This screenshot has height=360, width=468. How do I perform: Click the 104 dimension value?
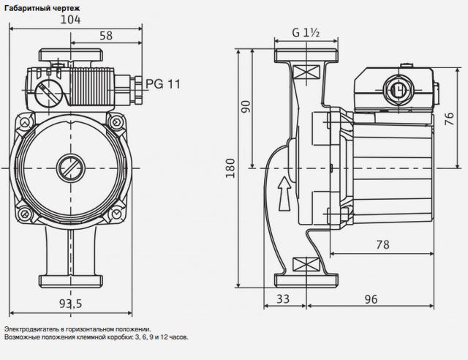(70, 20)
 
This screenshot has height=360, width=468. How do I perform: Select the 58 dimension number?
(106, 36)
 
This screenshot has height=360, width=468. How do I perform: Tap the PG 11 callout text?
(163, 84)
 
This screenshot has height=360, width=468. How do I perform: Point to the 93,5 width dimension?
(70, 304)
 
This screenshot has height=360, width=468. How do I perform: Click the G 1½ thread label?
(306, 32)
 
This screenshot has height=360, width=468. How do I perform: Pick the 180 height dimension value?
(230, 168)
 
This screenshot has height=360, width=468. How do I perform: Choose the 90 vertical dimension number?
(246, 107)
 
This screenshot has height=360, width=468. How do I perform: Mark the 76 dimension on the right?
(449, 119)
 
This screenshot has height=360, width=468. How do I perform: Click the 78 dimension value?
(383, 244)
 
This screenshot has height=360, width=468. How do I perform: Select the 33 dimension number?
(283, 299)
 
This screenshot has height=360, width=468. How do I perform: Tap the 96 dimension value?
(371, 299)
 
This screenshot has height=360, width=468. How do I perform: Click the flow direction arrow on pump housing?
(284, 194)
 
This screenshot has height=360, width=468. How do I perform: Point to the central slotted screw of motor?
(70, 168)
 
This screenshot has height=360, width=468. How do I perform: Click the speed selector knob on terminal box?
(48, 94)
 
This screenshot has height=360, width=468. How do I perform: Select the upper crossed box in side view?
(306, 72)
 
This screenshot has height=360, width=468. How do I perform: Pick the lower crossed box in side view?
(306, 264)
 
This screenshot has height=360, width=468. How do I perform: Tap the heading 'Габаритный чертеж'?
(42, 8)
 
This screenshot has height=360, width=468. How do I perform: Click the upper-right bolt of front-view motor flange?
(116, 122)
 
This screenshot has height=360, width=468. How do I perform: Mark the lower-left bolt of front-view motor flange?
(25, 214)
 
